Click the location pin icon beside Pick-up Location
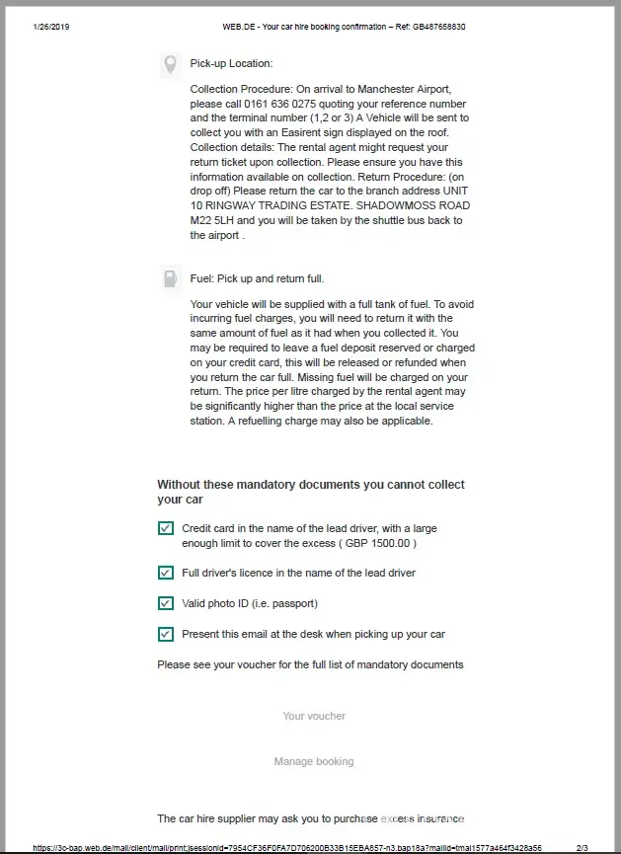[170, 65]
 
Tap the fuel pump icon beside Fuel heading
[170, 279]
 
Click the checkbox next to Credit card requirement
[166, 529]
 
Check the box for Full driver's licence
[166, 573]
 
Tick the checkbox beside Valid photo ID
[166, 603]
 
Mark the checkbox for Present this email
[166, 634]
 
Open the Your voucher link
[314, 716]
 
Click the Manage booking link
[314, 761]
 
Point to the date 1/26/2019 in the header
[51, 27]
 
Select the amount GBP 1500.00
[380, 543]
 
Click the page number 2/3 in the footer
[582, 847]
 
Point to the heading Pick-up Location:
[231, 64]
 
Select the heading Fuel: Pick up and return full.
[257, 279]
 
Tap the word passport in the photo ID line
[292, 603]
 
